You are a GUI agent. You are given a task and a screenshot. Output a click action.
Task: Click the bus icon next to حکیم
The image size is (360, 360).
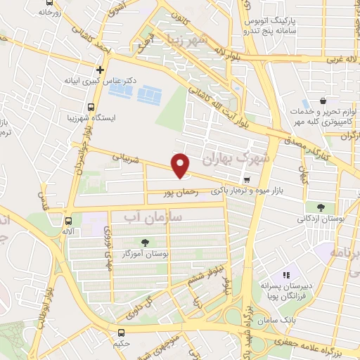tap(122, 333)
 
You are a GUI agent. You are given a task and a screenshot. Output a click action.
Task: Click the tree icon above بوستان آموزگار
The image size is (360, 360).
tap(145, 243)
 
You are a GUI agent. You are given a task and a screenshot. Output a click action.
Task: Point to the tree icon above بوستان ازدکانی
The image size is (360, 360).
tap(321, 207)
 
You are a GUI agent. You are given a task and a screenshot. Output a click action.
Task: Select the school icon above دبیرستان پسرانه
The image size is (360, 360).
tap(285, 276)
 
